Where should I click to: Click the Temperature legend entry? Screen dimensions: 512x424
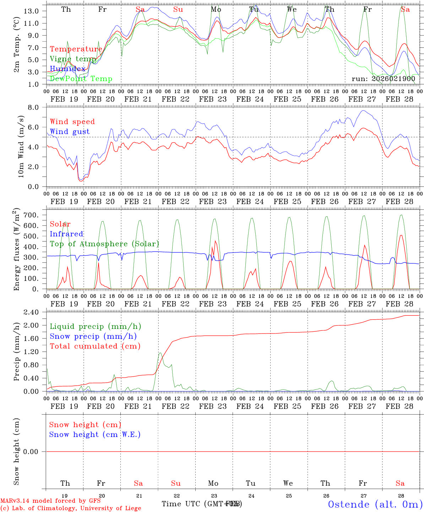tap(76, 49)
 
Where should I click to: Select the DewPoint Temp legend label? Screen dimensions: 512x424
tap(81, 79)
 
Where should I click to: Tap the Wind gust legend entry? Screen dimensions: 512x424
tap(70, 132)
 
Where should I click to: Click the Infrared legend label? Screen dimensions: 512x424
tap(66, 234)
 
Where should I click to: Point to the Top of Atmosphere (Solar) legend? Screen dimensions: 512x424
tap(104, 244)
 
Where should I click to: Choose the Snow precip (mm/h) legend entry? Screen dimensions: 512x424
tap(93, 336)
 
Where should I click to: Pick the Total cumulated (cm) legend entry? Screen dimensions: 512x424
tap(95, 346)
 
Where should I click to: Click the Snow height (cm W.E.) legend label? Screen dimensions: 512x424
tap(95, 434)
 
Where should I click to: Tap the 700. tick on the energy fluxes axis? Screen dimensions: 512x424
tap(31, 215)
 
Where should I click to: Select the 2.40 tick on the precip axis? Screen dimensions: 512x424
tap(31, 312)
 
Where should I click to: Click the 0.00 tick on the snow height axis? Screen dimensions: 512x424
tap(31, 452)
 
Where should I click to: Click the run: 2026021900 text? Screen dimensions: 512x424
tap(383, 79)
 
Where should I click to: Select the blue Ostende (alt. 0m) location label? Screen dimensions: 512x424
tap(375, 504)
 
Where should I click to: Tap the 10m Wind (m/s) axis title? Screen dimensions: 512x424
tap(21, 146)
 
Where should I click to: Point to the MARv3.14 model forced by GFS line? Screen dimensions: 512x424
tap(50, 501)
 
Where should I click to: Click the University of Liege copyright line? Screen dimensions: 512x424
tap(71, 508)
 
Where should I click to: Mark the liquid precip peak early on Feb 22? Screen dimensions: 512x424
tap(160, 353)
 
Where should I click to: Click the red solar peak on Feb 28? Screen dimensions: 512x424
tap(401, 235)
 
